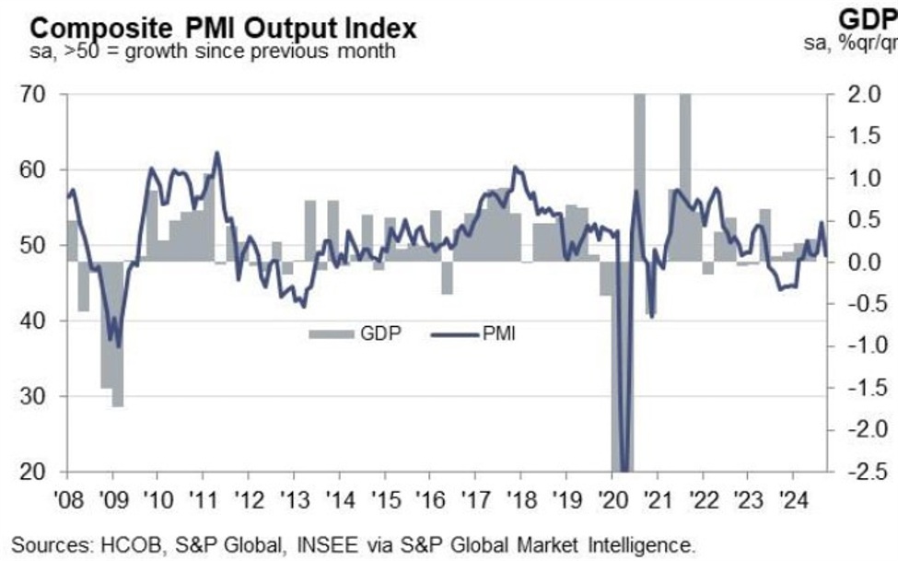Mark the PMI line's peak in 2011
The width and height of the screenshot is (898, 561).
pos(216,153)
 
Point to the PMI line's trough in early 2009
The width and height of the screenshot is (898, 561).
pos(118,345)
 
